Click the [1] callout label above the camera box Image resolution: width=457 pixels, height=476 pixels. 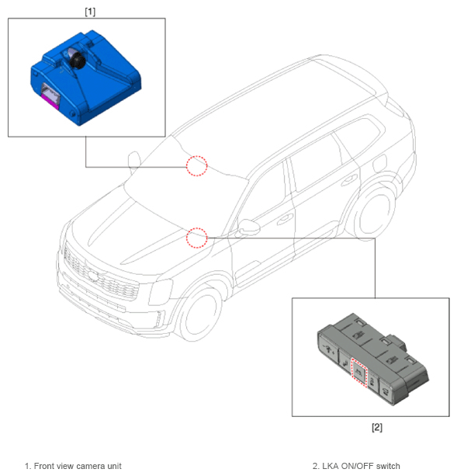pos(90,12)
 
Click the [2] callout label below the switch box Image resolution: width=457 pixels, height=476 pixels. pos(377,427)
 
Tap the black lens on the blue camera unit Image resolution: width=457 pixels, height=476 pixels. pos(77,61)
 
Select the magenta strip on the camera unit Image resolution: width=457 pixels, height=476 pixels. pos(50,101)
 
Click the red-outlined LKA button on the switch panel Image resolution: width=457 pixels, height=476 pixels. pos(359,372)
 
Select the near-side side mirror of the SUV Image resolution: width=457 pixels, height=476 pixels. pos(248,228)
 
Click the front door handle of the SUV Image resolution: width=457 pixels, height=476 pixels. pos(285,219)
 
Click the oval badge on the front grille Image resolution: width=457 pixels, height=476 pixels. pos(93,275)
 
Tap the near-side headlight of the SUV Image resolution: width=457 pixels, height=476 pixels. pos(161,291)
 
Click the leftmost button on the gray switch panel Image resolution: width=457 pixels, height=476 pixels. pos(329,349)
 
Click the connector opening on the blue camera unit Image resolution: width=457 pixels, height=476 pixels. pos(50,92)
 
